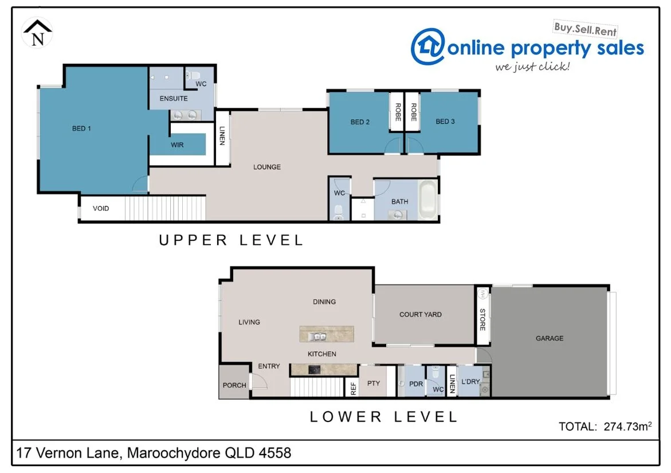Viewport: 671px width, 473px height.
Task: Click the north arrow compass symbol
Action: pyautogui.click(x=38, y=33)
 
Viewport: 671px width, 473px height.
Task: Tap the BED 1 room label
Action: pyautogui.click(x=81, y=128)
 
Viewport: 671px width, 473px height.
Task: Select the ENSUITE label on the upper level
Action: pyautogui.click(x=174, y=99)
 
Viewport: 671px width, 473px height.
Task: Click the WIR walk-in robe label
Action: pyautogui.click(x=177, y=145)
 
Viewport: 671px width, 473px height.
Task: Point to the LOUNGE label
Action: pyautogui.click(x=267, y=167)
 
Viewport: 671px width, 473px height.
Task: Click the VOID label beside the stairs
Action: pyautogui.click(x=101, y=209)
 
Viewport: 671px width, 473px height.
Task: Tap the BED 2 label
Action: pyautogui.click(x=360, y=122)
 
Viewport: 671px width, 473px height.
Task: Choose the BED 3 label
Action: pyautogui.click(x=445, y=122)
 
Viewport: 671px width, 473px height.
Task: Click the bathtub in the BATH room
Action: pyautogui.click(x=427, y=200)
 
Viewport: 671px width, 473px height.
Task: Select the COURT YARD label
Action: pyautogui.click(x=420, y=315)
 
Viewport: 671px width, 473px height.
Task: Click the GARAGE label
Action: pyautogui.click(x=550, y=339)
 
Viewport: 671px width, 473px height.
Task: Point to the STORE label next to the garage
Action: pyautogui.click(x=482, y=319)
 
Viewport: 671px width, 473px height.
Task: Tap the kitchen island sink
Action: pyautogui.click(x=317, y=337)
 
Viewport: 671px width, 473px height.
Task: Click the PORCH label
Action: pyautogui.click(x=234, y=385)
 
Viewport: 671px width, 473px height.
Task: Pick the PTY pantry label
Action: pyautogui.click(x=374, y=384)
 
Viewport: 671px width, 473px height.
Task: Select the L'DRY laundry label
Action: pyautogui.click(x=470, y=382)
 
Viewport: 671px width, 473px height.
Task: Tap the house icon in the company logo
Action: pyautogui.click(x=428, y=46)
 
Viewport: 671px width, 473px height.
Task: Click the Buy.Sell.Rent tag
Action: pyautogui.click(x=585, y=29)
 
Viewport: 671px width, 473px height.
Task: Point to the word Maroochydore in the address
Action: pyautogui.click(x=173, y=453)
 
